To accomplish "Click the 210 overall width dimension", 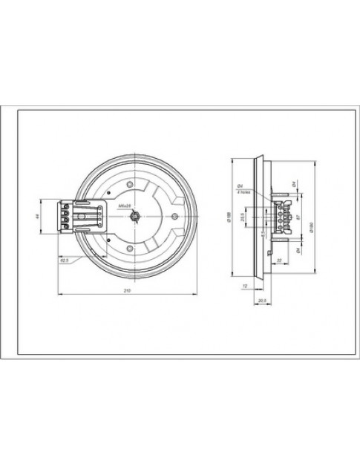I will (127, 290).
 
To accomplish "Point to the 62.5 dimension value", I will (65, 260).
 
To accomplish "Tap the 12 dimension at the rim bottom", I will (246, 285).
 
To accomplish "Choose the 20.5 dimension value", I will (261, 299).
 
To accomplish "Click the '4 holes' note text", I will (242, 191).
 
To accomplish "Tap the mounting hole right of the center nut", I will (174, 216).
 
